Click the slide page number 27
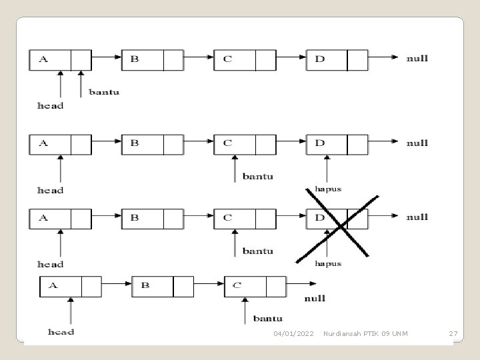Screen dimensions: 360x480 point(453,333)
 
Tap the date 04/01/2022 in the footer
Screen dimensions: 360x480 point(293,333)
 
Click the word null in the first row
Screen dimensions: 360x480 point(417,59)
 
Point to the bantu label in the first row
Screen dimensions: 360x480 point(104,92)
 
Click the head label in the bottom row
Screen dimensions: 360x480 point(61,331)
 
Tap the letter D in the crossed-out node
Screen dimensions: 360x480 point(320,217)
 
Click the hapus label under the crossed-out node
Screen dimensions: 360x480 point(328,263)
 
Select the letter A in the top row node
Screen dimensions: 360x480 point(43,59)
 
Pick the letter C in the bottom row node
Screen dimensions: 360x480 point(237,285)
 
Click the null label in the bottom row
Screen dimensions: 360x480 point(315,299)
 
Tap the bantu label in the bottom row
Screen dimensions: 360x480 point(267,319)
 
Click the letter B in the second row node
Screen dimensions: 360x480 point(135,143)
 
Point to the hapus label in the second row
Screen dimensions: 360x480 point(328,189)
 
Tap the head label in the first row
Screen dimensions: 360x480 point(50,105)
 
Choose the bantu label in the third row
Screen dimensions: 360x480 point(257,251)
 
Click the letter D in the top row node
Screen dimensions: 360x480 point(320,59)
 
